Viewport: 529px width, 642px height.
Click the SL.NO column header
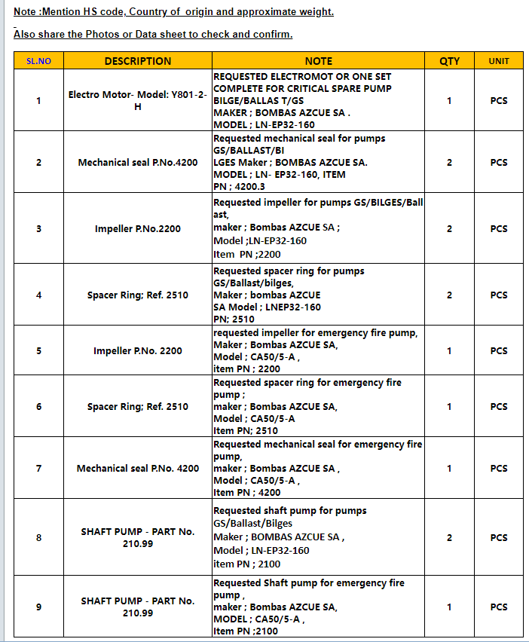tap(38, 61)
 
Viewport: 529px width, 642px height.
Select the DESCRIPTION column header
tap(138, 61)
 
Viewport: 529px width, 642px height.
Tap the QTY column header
tap(449, 61)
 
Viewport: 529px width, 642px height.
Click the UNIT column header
tap(499, 61)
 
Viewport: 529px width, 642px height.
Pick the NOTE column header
tap(318, 61)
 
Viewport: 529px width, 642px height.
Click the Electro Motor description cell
tap(138, 101)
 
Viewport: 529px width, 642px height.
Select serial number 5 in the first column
tap(38, 350)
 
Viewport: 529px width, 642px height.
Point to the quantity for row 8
tap(449, 537)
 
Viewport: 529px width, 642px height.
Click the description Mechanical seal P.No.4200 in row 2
tap(138, 162)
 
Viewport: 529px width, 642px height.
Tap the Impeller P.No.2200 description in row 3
tap(138, 228)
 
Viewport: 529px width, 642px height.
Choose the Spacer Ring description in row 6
tap(138, 406)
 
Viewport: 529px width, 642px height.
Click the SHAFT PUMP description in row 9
tap(138, 607)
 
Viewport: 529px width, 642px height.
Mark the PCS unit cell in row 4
tap(499, 295)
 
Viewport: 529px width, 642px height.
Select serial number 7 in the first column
tap(38, 468)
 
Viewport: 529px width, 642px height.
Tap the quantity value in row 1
tap(449, 101)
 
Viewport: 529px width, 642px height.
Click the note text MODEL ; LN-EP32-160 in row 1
tap(264, 124)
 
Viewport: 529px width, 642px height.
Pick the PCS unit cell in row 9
tap(499, 607)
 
